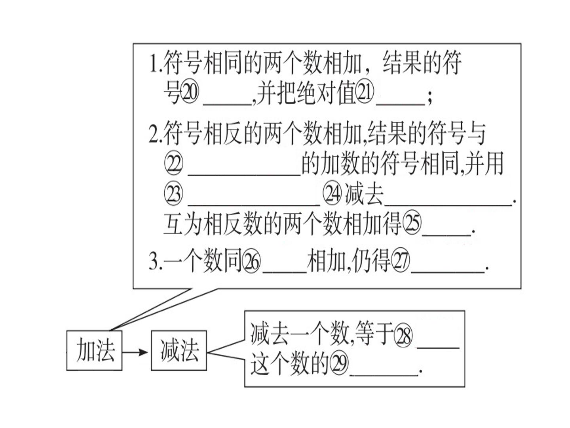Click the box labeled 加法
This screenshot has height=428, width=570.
point(94,350)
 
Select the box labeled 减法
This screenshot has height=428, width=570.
point(179,350)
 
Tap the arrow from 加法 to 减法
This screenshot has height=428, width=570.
point(135,352)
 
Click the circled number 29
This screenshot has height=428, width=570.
point(338,364)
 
